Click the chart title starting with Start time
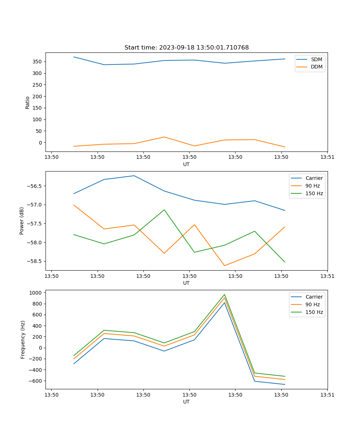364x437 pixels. point(186,48)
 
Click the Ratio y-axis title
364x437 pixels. point(28,102)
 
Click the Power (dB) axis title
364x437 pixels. point(22,221)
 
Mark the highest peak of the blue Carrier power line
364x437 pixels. point(134,176)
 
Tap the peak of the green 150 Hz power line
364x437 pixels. point(164,210)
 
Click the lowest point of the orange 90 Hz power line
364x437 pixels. point(224,265)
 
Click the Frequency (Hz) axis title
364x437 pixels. point(23,339)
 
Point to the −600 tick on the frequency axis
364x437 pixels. point(36,381)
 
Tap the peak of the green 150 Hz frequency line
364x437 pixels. point(224,295)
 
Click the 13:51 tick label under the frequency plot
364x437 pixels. point(327,394)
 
